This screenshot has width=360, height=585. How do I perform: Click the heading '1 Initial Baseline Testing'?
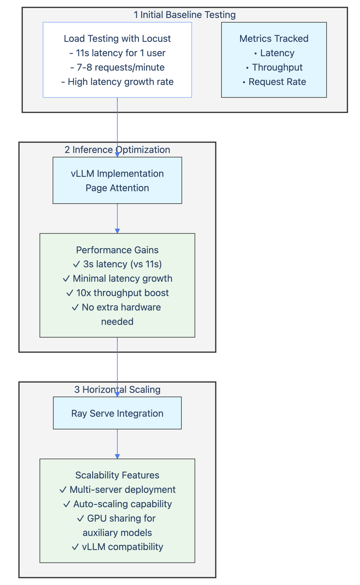point(185,15)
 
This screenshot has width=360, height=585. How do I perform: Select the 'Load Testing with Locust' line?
point(117,39)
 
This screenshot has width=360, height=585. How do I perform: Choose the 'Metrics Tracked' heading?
point(274,39)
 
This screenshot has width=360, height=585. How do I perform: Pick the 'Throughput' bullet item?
point(277,67)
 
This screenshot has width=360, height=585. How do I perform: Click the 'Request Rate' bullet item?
point(277,82)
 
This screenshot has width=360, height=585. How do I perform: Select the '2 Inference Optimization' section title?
point(117,150)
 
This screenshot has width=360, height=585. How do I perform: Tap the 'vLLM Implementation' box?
point(117,180)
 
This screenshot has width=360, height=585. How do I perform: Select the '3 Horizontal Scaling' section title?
point(117,390)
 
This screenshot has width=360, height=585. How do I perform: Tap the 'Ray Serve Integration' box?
point(117,413)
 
